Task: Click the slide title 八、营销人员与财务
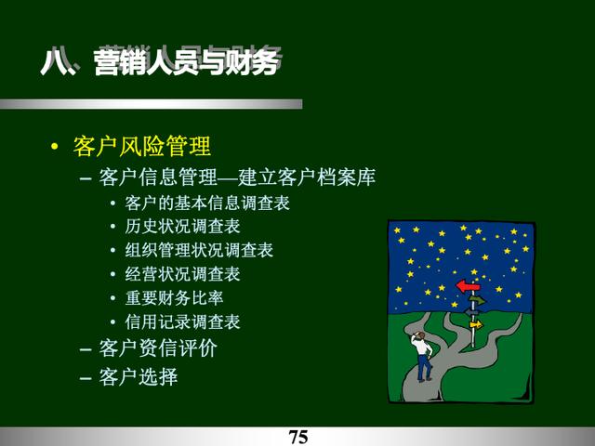tap(162, 61)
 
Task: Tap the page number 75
tap(298, 437)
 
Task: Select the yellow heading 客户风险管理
tap(142, 146)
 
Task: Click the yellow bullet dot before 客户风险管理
tap(55, 147)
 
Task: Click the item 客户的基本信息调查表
tap(207, 203)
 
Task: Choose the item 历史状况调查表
tap(182, 227)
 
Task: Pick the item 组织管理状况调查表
tap(199, 250)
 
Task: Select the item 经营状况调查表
tap(182, 274)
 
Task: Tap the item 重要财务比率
tap(174, 298)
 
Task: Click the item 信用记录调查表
tap(182, 322)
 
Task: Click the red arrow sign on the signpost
tap(469, 286)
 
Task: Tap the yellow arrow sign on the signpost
tap(476, 325)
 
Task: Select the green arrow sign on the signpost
tap(477, 300)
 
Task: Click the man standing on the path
tap(422, 356)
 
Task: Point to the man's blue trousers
tap(424, 367)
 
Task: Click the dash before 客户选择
tap(86, 378)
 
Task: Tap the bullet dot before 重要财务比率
tap(112, 298)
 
